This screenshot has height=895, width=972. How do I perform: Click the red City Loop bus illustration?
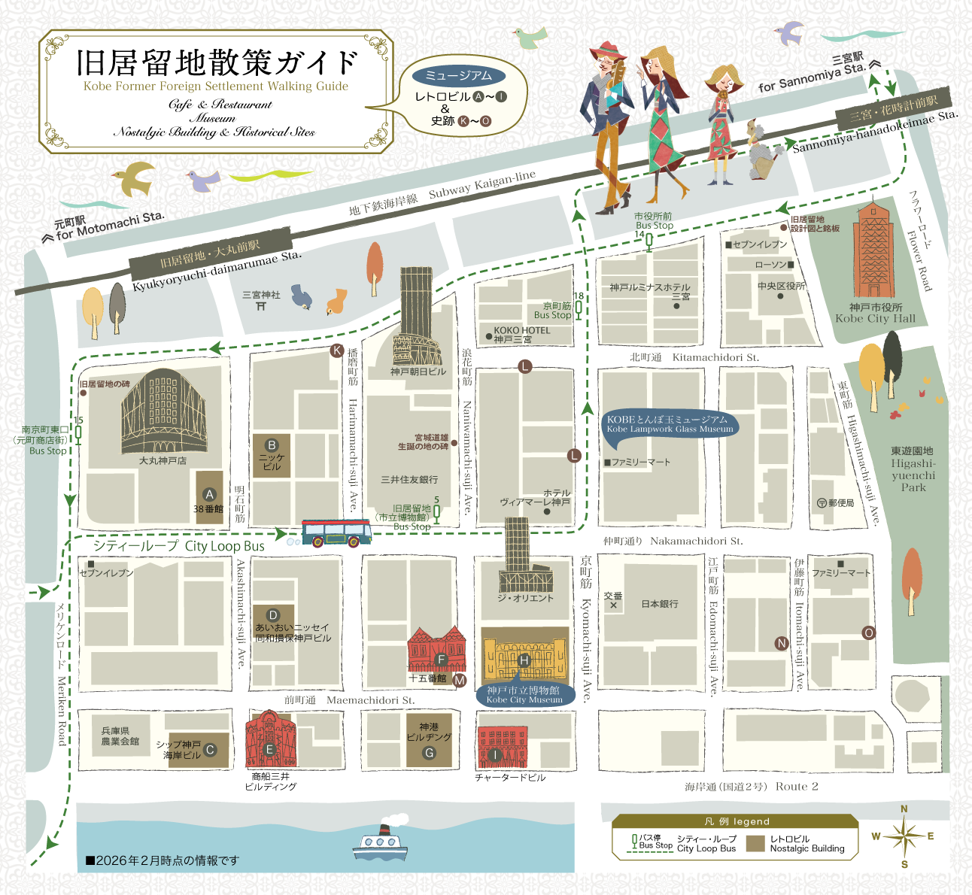pos(336,532)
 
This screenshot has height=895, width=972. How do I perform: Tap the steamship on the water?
pos(380,844)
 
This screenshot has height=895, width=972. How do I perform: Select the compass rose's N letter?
pos(904,809)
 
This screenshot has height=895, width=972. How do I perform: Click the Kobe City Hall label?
pos(875,313)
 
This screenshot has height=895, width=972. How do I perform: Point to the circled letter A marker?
pos(210,494)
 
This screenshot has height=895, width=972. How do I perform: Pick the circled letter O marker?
pos(868,633)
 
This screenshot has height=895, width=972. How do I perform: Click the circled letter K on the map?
pos(337,350)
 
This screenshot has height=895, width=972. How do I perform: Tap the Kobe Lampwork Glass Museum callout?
pos(670,424)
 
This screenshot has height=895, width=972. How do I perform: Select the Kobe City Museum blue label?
pos(524,694)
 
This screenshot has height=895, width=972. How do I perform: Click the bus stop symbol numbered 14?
pos(649,241)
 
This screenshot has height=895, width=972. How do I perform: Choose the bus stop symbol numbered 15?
pos(78,432)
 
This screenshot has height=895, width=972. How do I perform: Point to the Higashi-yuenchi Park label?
pos(913,469)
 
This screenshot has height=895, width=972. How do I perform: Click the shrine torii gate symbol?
pos(260,306)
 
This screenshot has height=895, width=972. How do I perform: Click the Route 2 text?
pos(797,787)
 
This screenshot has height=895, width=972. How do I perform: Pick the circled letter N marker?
pos(782,643)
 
